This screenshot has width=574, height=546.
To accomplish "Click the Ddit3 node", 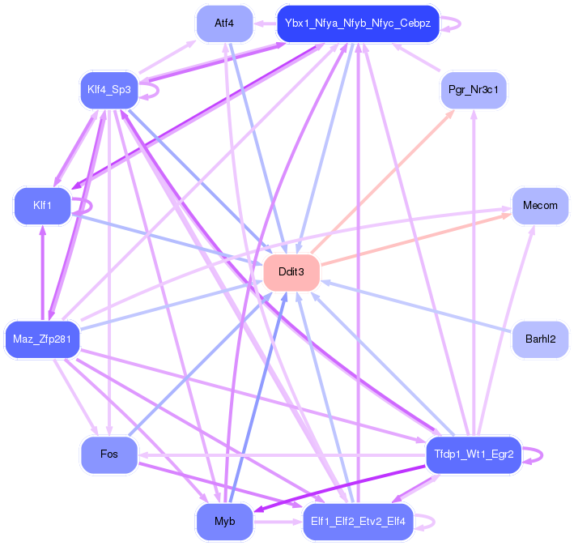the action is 291,272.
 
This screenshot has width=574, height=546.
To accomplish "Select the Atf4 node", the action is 224,23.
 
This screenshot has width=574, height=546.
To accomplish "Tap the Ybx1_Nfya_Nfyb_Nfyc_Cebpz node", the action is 358,23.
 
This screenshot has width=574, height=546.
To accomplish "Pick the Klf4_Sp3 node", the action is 109,90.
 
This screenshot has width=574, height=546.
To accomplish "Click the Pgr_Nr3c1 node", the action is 474,90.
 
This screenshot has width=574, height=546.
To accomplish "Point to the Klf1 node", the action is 42,206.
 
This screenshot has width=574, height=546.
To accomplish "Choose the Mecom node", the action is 540,206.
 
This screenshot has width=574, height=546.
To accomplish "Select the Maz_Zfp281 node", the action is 42,339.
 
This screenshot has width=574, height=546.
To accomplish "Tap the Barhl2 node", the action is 540,339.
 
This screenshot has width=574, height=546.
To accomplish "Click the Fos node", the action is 109,454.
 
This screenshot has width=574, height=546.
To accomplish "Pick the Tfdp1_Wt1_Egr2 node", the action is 474,454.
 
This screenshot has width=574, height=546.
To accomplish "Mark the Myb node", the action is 224,521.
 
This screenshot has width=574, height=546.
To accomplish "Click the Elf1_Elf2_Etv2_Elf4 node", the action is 358,521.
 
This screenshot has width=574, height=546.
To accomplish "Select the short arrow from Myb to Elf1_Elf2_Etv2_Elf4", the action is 278,522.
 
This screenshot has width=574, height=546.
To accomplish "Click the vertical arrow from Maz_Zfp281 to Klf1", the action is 42,273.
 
